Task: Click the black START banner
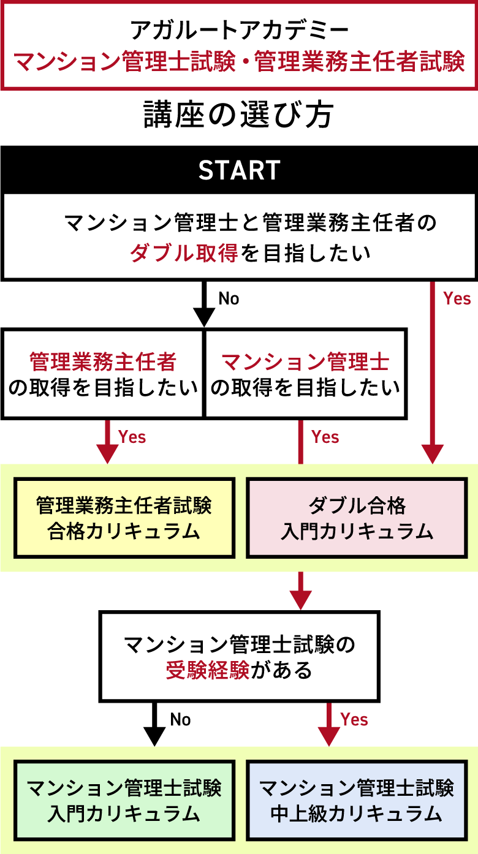(x=239, y=170)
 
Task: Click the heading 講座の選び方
(x=239, y=115)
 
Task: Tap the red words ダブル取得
(x=183, y=253)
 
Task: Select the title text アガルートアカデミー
(x=239, y=29)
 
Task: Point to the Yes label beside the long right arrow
(x=457, y=298)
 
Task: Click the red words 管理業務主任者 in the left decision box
(x=102, y=362)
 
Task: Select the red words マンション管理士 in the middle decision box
(x=305, y=362)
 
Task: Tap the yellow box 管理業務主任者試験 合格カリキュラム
(x=124, y=518)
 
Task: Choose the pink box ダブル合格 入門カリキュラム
(x=357, y=518)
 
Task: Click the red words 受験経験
(x=208, y=671)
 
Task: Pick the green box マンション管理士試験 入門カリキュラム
(x=124, y=801)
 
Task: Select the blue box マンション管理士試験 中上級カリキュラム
(x=357, y=801)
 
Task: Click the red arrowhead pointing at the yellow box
(x=108, y=453)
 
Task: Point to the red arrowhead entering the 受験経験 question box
(x=301, y=600)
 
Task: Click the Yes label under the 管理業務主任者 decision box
(x=132, y=437)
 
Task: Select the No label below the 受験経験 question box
(x=180, y=719)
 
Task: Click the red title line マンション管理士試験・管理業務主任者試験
(x=239, y=62)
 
